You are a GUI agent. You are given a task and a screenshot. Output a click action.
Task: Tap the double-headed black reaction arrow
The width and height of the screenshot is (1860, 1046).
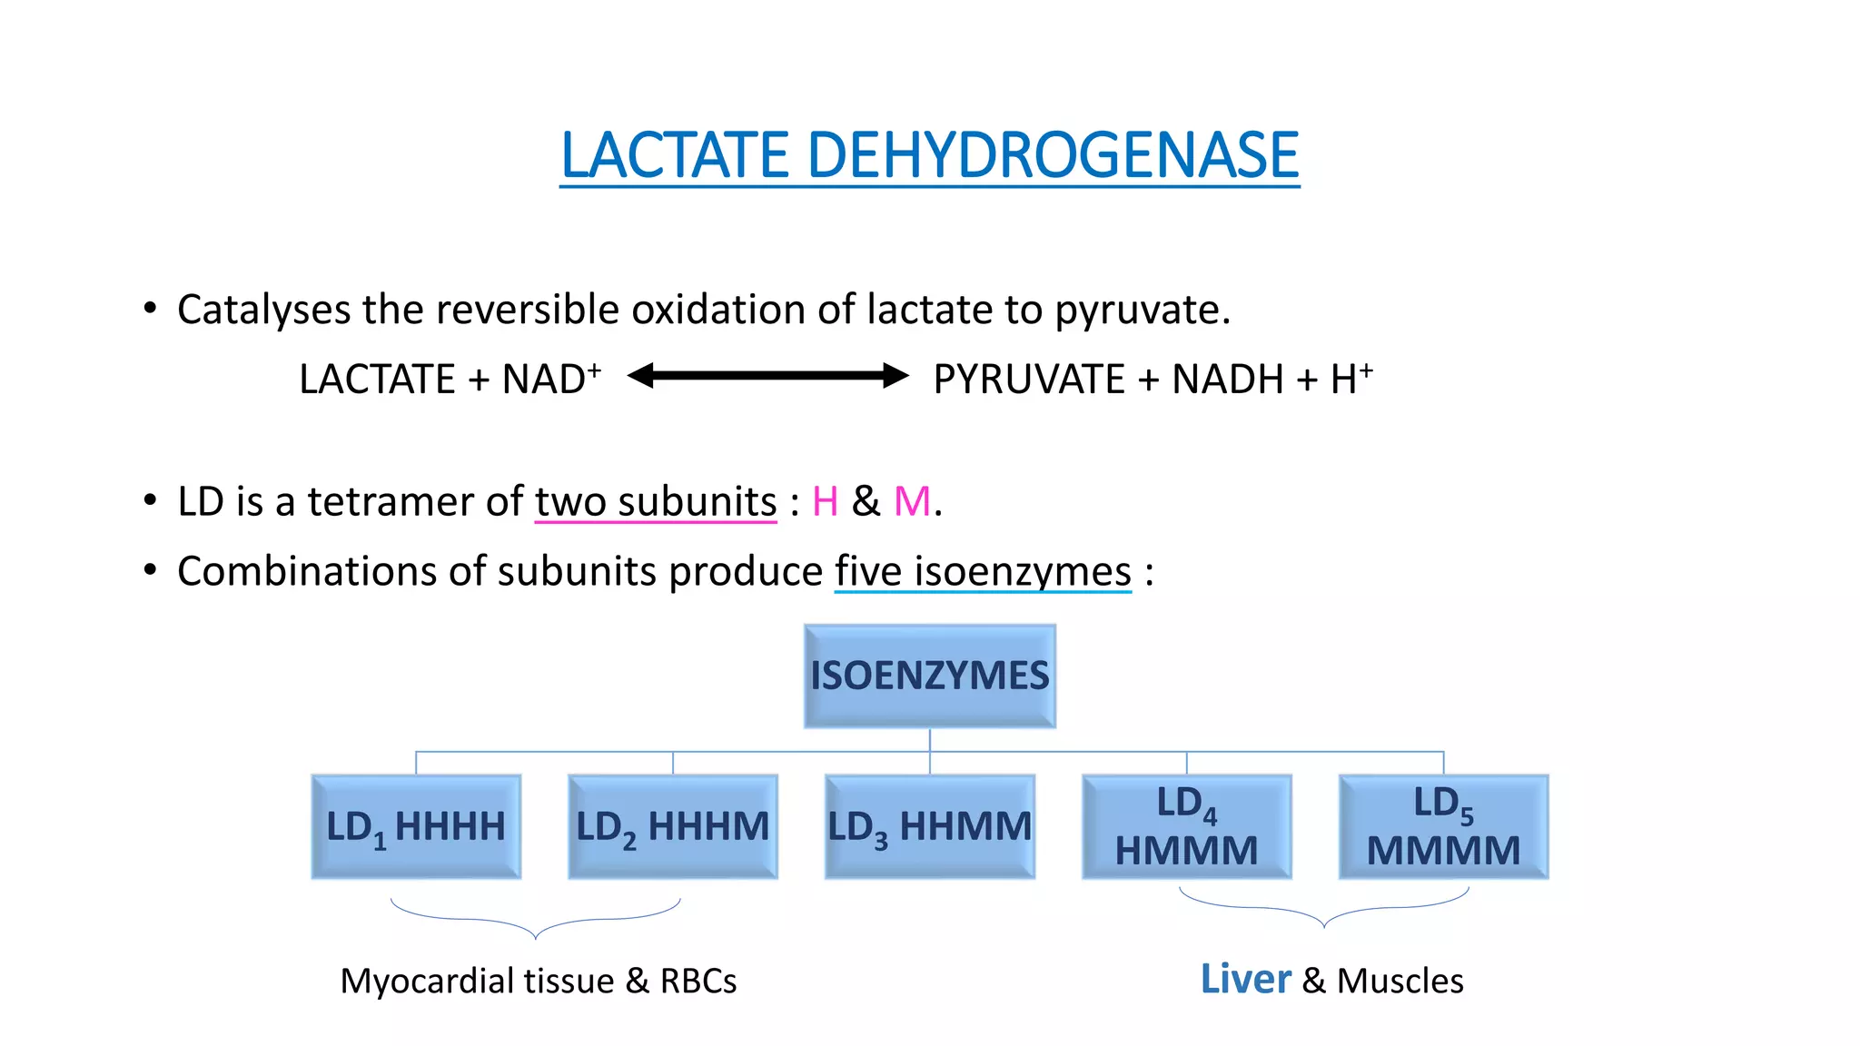click(x=767, y=376)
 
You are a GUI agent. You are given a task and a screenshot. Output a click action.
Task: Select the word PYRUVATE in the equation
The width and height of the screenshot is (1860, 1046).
click(x=1029, y=380)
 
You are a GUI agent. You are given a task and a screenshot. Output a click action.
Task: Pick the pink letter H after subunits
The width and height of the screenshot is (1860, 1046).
click(x=825, y=502)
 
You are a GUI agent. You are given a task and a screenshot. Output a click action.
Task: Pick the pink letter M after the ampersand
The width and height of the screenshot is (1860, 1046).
click(x=912, y=502)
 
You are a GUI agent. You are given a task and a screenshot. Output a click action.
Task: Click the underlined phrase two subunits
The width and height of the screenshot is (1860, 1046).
click(x=655, y=502)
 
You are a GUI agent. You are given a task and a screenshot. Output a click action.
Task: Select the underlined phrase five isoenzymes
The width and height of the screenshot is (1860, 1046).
click(x=983, y=572)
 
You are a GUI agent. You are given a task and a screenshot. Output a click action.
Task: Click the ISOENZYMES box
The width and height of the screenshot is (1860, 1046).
click(x=929, y=676)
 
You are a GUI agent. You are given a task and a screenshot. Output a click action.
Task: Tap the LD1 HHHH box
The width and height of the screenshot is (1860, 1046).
click(x=416, y=826)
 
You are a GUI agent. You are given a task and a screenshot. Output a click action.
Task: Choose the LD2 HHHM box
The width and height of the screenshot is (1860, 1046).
click(x=673, y=826)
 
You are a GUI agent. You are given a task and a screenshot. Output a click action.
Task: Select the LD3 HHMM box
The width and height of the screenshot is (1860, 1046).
click(x=929, y=826)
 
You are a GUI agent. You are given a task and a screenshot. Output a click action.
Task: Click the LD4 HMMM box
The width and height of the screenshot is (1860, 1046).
click(x=1186, y=826)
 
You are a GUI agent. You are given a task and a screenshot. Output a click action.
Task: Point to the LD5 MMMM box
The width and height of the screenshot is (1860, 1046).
click(x=1443, y=826)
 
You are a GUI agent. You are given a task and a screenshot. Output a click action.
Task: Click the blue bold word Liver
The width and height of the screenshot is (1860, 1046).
click(x=1245, y=980)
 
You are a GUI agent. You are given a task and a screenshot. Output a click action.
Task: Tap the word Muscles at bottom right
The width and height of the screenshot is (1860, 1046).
click(x=1400, y=982)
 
